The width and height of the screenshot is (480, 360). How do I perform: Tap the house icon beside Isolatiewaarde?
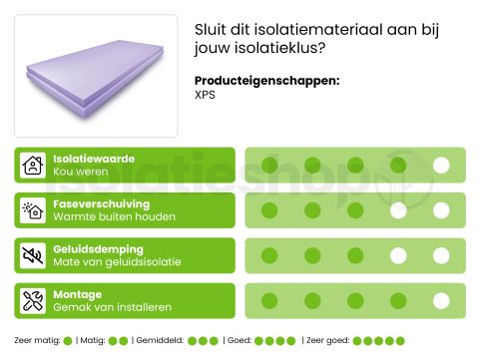tap(34, 166)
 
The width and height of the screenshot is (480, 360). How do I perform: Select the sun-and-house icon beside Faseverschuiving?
tap(34, 210)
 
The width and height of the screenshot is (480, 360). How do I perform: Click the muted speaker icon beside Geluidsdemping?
tap(34, 255)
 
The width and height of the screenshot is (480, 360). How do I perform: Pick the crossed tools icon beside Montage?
tap(34, 300)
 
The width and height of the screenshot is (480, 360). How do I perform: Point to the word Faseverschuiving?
tap(100, 203)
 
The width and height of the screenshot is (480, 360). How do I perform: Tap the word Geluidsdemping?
tap(97, 248)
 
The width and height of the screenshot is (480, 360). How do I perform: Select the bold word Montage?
tap(77, 294)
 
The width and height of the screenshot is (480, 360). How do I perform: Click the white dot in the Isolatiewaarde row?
tap(441, 166)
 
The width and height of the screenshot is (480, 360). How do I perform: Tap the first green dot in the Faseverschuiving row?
tap(268, 210)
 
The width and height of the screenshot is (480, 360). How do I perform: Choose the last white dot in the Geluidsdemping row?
tap(441, 255)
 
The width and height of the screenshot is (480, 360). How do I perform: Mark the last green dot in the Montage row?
tap(441, 300)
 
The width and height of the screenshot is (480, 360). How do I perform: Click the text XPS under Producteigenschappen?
tap(205, 96)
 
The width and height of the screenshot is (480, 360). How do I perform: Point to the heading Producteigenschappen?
tap(266, 81)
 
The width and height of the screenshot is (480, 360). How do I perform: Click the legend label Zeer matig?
tap(37, 341)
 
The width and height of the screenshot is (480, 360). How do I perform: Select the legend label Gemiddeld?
tap(158, 341)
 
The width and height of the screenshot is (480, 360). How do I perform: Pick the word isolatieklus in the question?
tap(275, 47)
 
